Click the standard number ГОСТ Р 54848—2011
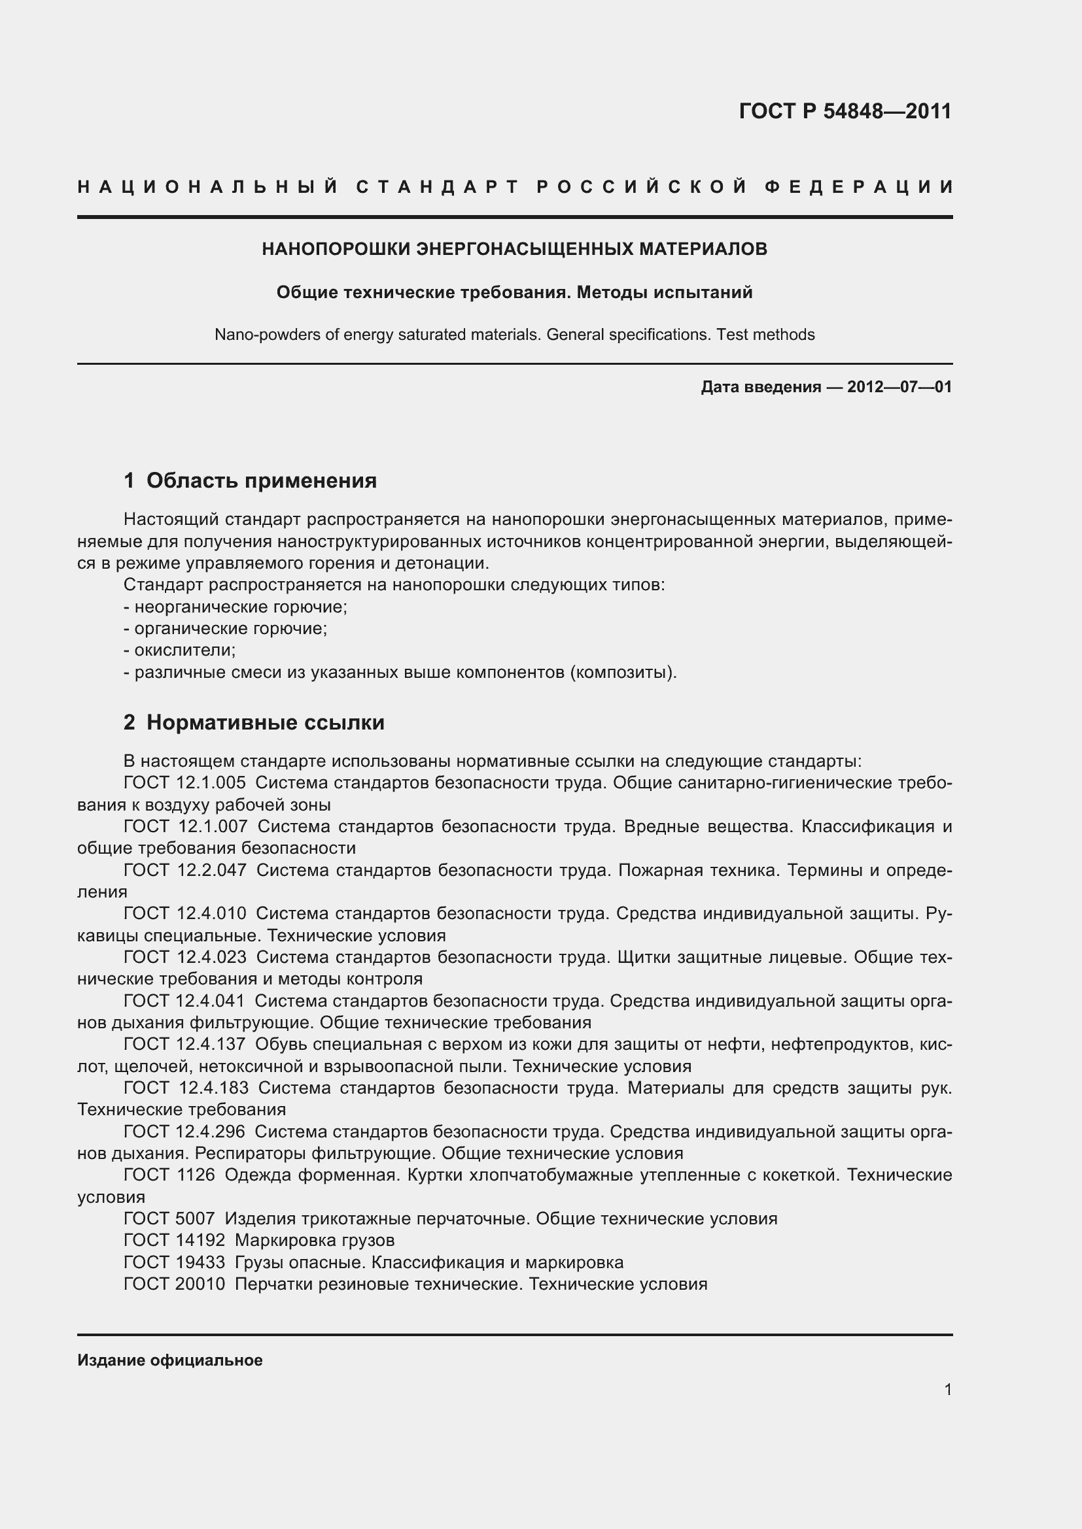click(x=845, y=111)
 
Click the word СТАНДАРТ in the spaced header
click(x=438, y=187)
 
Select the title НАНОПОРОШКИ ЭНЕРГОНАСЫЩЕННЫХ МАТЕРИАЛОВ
click(x=514, y=249)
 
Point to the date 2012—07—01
click(x=899, y=387)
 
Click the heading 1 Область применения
click(x=251, y=480)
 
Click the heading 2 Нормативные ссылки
click(x=254, y=722)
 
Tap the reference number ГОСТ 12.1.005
click(x=184, y=783)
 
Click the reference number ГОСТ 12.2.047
click(x=184, y=870)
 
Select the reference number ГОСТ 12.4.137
click(x=184, y=1044)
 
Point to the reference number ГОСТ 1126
click(x=169, y=1175)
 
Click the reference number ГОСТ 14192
click(x=175, y=1240)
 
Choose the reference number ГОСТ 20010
click(x=175, y=1284)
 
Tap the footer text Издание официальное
click(x=170, y=1360)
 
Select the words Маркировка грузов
click(x=315, y=1240)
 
